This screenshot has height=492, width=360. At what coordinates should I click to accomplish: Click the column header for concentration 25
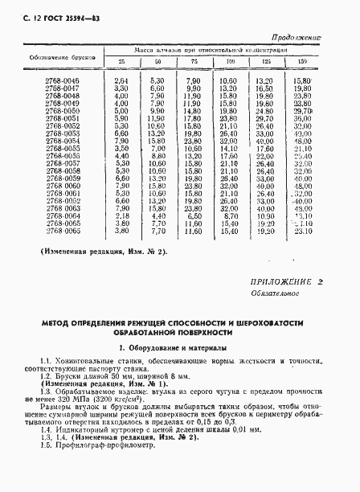(121, 62)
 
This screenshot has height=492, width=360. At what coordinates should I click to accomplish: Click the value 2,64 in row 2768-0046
(121, 81)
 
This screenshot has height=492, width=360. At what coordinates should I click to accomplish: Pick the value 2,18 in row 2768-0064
(121, 215)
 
